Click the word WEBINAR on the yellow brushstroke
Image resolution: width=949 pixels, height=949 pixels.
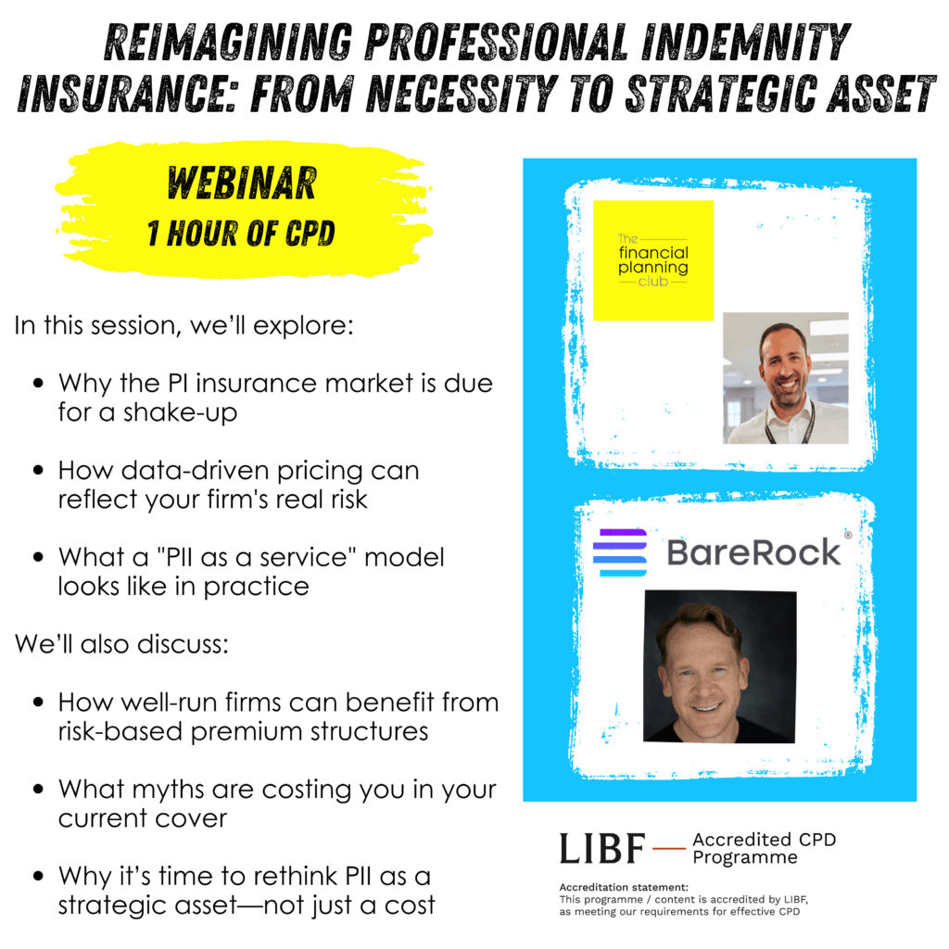pos(242,183)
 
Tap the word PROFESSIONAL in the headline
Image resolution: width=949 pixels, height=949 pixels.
pos(497,43)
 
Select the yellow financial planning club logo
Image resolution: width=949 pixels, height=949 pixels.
pos(653,260)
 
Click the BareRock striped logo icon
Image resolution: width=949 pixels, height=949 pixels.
pos(620,552)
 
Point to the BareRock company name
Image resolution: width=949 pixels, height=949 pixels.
pos(753,552)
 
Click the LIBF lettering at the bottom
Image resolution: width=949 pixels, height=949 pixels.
pos(602,848)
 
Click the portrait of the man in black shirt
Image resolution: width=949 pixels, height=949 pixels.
pos(719,666)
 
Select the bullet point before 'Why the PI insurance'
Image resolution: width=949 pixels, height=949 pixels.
pos(39,383)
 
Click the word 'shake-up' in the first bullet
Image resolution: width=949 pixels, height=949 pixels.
pos(181,412)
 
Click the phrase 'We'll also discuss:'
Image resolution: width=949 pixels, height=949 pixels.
pos(121,644)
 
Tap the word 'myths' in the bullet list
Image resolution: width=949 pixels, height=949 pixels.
pos(171,790)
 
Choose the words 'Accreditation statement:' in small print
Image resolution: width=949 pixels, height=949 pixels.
pos(624,887)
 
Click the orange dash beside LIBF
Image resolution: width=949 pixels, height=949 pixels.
pos(669,848)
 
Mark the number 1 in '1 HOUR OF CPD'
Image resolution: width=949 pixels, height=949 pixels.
pos(153,234)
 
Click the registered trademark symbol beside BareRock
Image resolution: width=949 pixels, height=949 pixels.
pos(848,535)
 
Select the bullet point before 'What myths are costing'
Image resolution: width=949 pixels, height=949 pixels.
pos(39,790)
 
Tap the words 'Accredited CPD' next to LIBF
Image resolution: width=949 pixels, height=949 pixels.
pos(764,840)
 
